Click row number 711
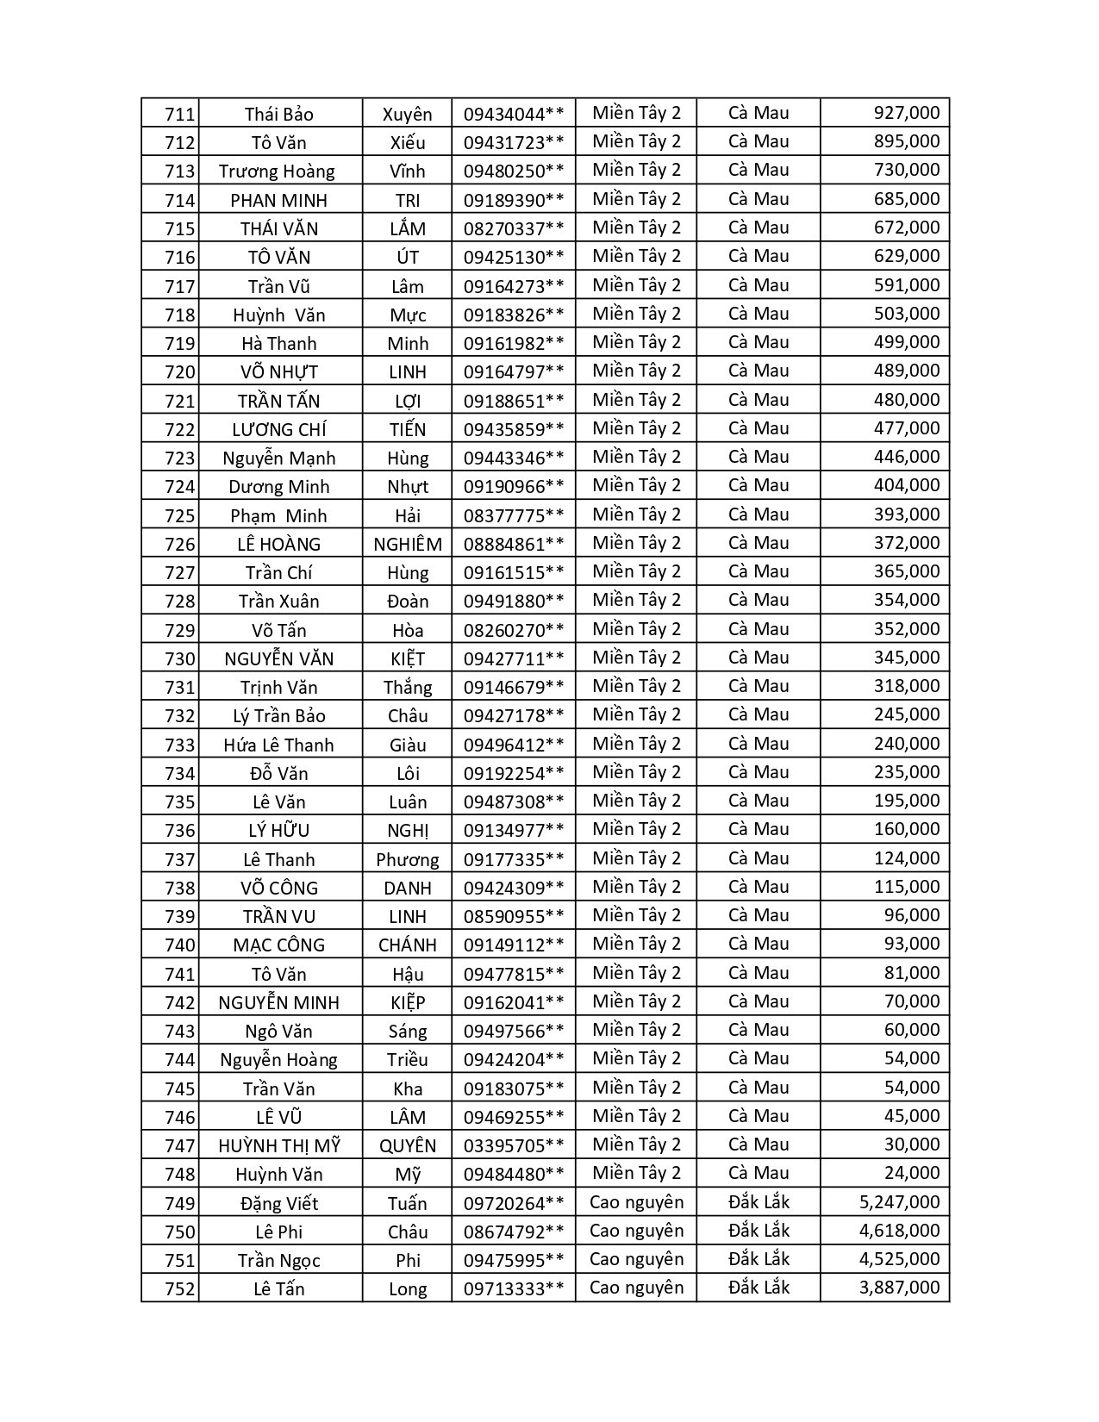coord(179,115)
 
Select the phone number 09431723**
coord(514,143)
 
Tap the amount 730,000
coord(906,170)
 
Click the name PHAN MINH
coord(278,201)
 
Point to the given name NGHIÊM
coord(408,545)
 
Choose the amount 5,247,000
coord(899,1202)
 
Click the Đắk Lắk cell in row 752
coord(759,1288)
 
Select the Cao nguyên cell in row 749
coord(636,1202)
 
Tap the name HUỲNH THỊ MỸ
coord(278,1146)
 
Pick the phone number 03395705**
coord(514,1146)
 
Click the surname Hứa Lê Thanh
coord(278,745)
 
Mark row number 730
coord(179,659)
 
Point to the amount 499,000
coord(906,342)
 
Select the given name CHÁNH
coord(408,945)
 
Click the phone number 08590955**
coord(514,917)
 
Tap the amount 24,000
coord(912,1173)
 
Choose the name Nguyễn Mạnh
coord(278,458)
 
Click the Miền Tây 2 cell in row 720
coord(636,371)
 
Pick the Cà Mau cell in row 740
coord(759,944)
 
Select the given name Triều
coord(408,1060)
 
